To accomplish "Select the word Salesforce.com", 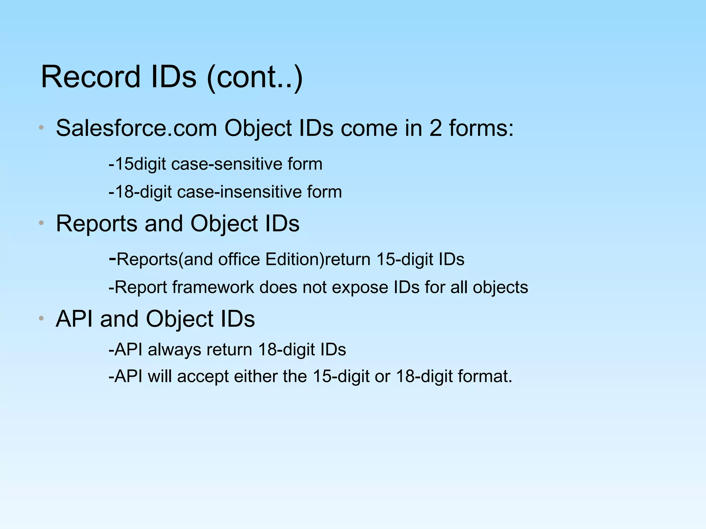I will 136,128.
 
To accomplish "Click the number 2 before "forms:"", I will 435,128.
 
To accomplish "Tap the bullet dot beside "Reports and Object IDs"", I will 41,223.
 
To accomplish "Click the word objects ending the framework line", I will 500,287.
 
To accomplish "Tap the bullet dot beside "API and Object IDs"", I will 41,319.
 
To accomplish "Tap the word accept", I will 203,376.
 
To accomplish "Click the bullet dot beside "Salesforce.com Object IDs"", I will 41,128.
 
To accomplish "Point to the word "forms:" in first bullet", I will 481,128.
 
